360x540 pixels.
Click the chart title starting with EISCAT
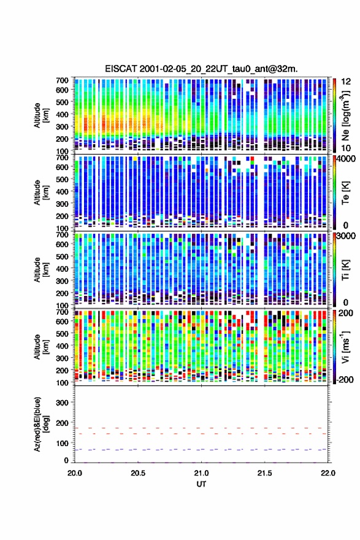[201, 69]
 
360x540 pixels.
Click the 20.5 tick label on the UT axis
[137, 473]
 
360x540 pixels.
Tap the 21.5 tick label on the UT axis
[264, 473]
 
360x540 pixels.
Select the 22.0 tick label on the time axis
[327, 473]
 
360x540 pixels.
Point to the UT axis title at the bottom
[201, 484]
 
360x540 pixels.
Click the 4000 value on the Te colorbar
[347, 160]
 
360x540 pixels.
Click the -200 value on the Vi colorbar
[345, 380]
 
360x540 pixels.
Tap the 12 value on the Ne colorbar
[347, 82]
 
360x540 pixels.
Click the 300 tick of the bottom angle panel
[63, 403]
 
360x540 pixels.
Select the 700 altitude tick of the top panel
[63, 80]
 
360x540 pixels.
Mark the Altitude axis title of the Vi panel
[40, 347]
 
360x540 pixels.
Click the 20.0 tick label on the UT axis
[75, 473]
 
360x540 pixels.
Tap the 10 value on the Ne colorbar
[347, 148]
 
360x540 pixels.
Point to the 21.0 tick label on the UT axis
[201, 473]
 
